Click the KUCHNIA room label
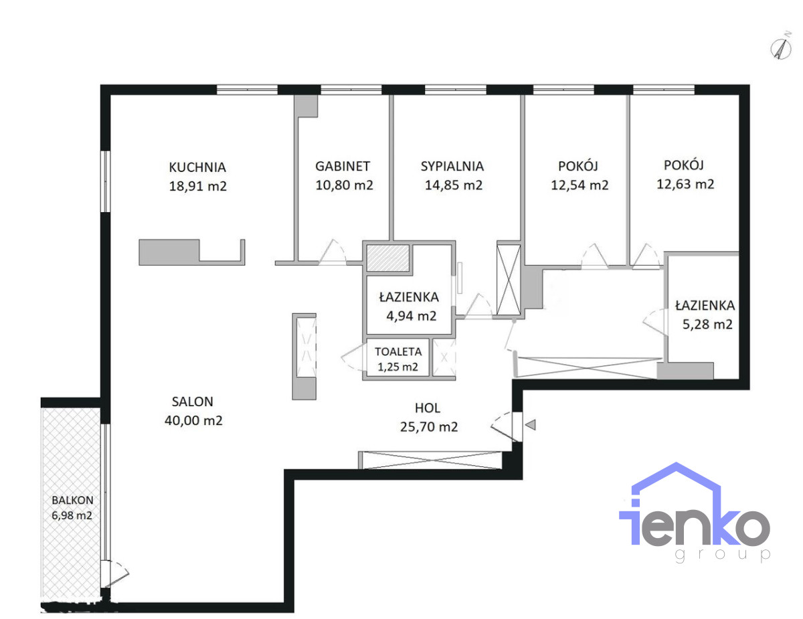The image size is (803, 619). click(197, 167)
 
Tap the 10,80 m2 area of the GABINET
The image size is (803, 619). click(344, 185)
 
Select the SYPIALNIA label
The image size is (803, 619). click(452, 167)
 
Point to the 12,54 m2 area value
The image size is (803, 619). click(579, 185)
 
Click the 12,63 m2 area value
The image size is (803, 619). click(685, 183)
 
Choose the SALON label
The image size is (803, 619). click(193, 402)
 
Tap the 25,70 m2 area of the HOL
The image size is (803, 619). click(429, 427)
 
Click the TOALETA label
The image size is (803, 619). click(398, 351)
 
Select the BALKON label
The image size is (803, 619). click(72, 501)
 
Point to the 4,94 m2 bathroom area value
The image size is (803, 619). click(412, 316)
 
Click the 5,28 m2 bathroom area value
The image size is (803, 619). click(707, 324)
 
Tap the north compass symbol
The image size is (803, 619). click(781, 49)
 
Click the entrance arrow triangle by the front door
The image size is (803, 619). click(531, 425)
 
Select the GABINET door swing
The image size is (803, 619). click(333, 252)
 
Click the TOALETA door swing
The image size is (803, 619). click(353, 357)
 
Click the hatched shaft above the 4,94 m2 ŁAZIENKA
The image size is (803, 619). click(387, 258)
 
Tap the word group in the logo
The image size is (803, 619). click(723, 555)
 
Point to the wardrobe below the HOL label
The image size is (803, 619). click(430, 460)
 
